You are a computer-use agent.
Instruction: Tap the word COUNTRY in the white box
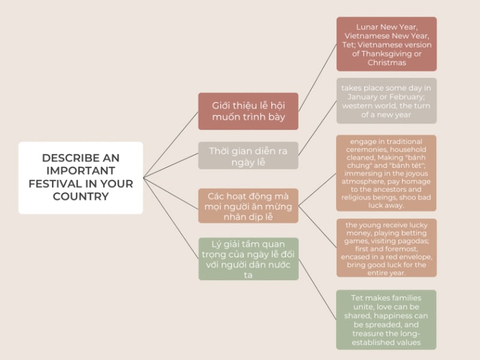[x=80, y=196]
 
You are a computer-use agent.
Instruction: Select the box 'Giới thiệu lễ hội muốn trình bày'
[x=248, y=111]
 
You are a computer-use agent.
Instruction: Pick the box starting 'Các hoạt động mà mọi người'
[x=248, y=206]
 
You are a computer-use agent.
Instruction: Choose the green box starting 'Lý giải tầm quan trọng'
[x=248, y=259]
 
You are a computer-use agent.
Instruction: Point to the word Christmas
[x=386, y=62]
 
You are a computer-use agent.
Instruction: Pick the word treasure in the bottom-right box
[x=370, y=334]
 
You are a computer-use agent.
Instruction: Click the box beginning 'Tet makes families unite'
[x=386, y=320]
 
